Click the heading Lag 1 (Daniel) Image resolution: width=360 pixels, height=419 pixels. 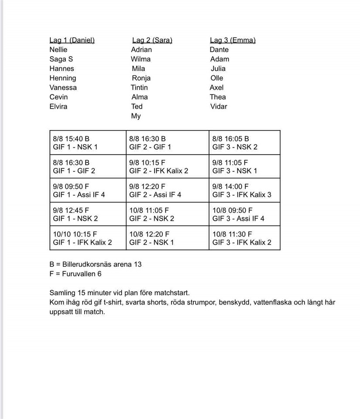72,40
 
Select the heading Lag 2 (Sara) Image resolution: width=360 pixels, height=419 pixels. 151,40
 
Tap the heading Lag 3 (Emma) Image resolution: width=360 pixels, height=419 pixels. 233,40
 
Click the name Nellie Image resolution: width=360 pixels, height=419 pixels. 58,50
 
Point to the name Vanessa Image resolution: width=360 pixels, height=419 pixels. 63,87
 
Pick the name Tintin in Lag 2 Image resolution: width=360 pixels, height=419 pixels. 139,87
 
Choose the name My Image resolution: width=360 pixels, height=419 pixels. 136,116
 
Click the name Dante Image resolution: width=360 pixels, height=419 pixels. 219,50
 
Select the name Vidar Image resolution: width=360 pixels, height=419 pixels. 219,106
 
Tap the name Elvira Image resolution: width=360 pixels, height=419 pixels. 58,106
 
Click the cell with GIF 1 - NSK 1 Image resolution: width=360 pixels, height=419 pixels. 88,143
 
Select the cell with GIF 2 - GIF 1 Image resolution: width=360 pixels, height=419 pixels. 167,143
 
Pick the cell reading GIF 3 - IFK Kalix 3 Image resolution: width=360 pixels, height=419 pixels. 244,190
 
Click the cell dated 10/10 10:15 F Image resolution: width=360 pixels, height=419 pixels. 88,238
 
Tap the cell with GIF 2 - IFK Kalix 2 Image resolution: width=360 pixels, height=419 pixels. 167,166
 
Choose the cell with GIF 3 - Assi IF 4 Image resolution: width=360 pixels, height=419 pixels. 244,214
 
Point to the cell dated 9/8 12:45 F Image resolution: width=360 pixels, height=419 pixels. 88,214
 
